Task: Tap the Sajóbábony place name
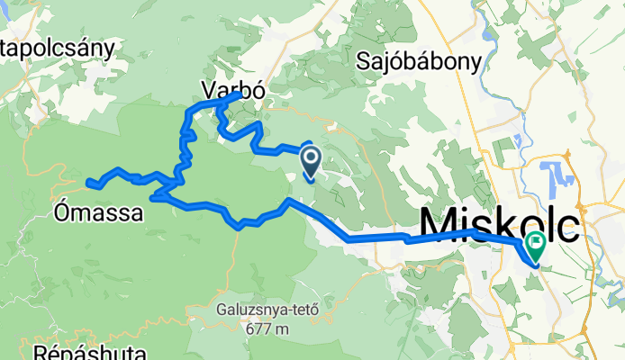pyautogui.click(x=419, y=61)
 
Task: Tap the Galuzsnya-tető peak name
pyautogui.click(x=268, y=311)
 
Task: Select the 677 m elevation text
pyautogui.click(x=267, y=329)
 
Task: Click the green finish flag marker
pyautogui.click(x=538, y=241)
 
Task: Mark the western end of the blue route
pyautogui.click(x=89, y=184)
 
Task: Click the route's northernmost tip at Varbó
pyautogui.click(x=239, y=94)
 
